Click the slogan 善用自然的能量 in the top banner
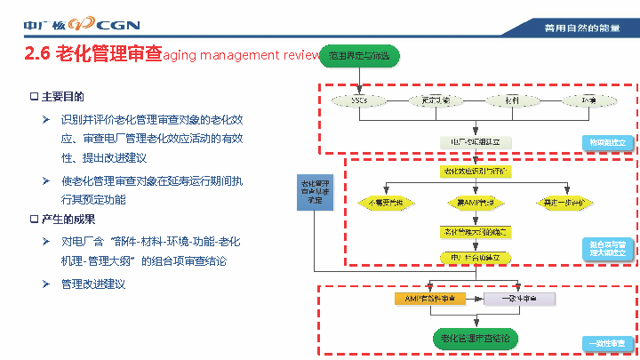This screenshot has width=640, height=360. point(581,28)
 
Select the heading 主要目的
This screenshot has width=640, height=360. point(62,96)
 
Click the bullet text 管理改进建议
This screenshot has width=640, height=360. point(93,284)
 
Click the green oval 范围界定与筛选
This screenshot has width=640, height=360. point(359,56)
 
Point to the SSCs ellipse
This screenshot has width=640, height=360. point(359,100)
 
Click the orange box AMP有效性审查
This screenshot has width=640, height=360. point(430,299)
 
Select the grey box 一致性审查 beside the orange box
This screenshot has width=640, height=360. point(519,299)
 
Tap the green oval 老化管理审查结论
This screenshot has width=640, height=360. point(476,339)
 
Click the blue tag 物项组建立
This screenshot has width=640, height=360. point(608,142)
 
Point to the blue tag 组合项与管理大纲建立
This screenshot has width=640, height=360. point(608,248)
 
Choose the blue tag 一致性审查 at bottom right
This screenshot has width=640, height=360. point(608,343)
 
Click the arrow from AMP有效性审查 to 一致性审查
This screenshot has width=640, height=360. point(476,299)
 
